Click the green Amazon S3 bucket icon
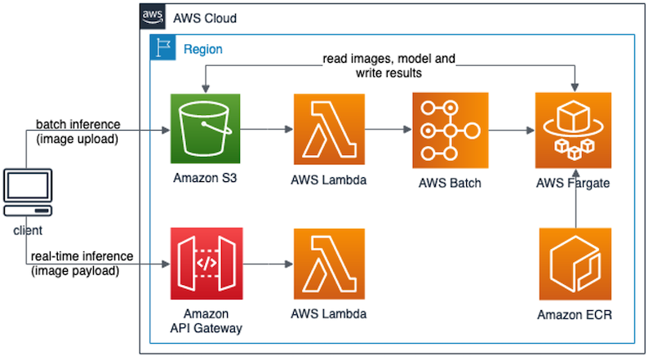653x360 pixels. (207, 130)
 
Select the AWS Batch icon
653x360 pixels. (451, 130)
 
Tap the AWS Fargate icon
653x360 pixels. (572, 130)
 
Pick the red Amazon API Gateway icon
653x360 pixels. (207, 265)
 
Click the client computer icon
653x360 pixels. (28, 193)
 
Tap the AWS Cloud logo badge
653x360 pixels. (152, 16)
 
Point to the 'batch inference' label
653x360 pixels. (78, 124)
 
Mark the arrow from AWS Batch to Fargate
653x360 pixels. (510, 129)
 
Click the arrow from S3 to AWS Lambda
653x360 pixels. (267, 129)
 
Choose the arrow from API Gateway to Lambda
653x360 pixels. (267, 264)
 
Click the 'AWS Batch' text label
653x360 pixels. (451, 183)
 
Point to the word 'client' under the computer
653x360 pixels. (28, 231)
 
